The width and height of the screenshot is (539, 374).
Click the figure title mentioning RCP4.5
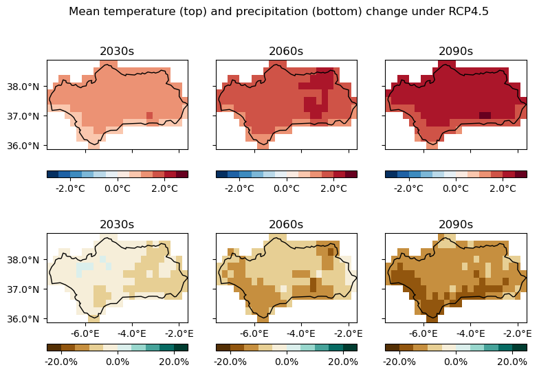(x=278, y=12)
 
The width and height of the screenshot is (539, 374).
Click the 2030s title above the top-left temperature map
(x=117, y=52)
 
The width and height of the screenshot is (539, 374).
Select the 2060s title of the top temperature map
(x=286, y=52)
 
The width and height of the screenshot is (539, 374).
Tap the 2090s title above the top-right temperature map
(x=456, y=52)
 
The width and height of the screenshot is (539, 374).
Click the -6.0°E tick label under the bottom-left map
(x=86, y=333)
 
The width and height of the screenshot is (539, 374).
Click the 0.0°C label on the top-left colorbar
(x=117, y=188)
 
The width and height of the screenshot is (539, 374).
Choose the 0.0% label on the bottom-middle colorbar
(x=286, y=362)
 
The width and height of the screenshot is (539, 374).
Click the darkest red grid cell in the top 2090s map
(x=485, y=115)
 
